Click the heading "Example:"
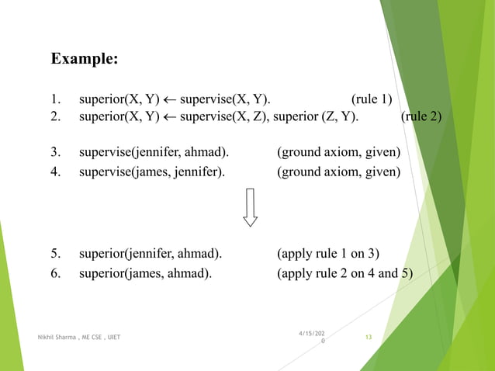85,59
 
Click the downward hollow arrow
250,206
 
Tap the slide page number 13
369,337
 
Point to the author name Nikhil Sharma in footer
78,337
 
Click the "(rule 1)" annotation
372,99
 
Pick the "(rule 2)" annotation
421,117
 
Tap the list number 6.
55,272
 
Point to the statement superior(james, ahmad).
144,272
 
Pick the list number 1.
55,99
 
